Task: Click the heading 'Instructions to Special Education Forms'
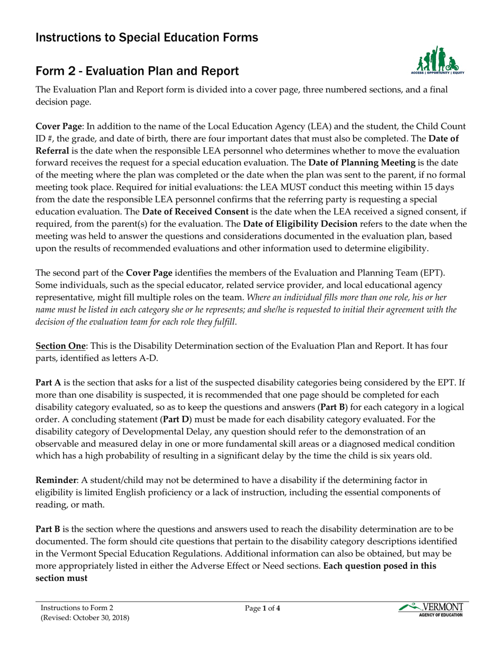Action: point(147,37)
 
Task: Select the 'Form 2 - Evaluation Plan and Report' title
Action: point(137,71)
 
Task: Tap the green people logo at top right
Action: point(437,60)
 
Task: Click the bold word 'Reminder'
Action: point(56,480)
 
